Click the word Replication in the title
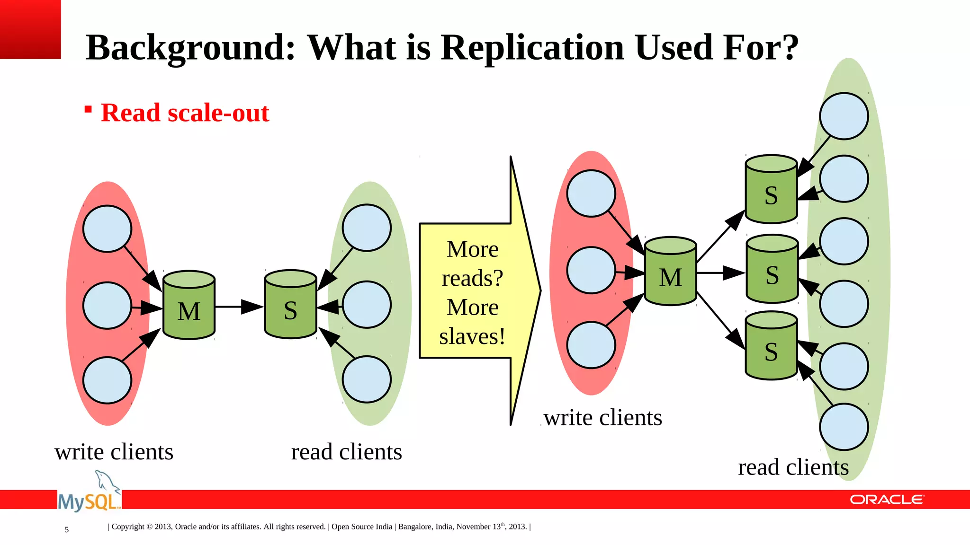(532, 48)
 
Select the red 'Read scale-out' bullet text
(185, 113)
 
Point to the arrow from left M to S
(239, 307)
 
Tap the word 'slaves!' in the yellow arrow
(472, 337)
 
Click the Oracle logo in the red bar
(887, 500)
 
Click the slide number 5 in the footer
(67, 530)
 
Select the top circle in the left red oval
(107, 229)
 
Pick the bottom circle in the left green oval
(367, 379)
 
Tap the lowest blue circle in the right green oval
(844, 427)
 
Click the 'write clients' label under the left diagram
(114, 452)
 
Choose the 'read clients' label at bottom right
(793, 467)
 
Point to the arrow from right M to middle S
(720, 273)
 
